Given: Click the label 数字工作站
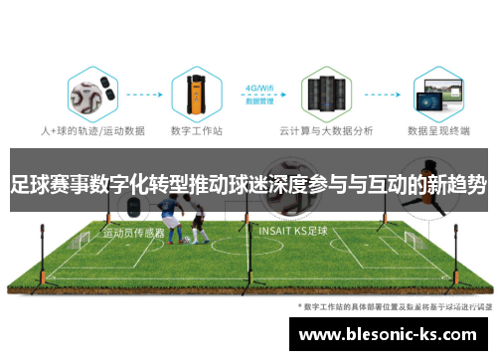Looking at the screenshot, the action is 194,129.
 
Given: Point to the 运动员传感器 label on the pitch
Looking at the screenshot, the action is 133,233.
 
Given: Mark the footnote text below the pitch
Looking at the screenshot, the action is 392,308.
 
